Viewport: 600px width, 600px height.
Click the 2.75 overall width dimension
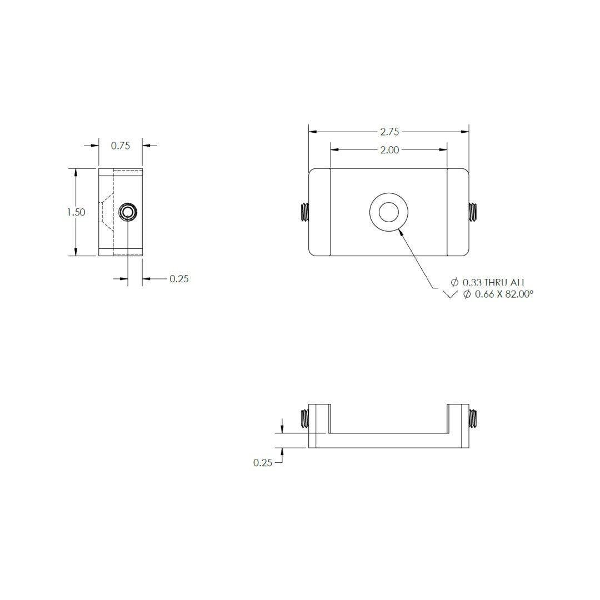coord(389,132)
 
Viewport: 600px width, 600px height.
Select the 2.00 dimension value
coord(389,150)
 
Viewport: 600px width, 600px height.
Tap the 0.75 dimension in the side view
coord(120,146)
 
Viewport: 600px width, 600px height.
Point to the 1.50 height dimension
coord(76,212)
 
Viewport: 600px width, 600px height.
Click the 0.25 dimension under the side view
coord(179,279)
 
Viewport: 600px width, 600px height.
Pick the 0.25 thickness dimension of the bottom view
coord(263,462)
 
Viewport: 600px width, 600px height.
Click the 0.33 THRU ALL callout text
coord(493,283)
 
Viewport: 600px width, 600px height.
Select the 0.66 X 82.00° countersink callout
coord(498,294)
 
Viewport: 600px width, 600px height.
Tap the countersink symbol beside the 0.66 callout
coord(450,295)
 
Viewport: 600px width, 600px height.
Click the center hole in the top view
coord(388,212)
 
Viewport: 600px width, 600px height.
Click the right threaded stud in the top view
coord(473,212)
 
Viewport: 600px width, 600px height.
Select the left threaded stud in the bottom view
coord(304,418)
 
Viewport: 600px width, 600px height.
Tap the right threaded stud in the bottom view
coord(473,418)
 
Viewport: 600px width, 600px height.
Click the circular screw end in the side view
coord(128,212)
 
